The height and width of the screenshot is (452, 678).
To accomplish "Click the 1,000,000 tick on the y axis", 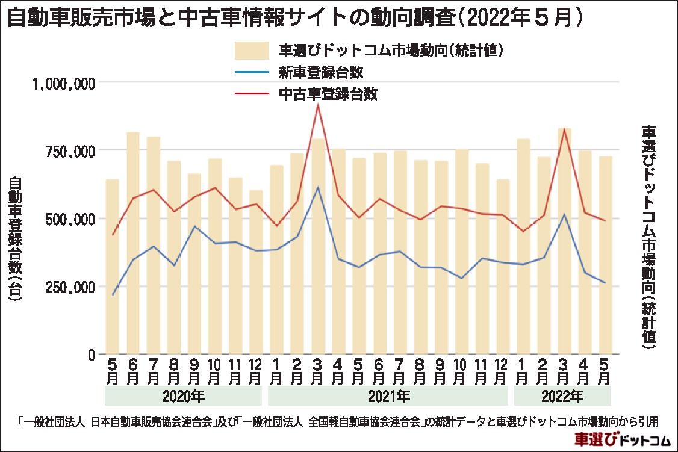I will pyautogui.click(x=63, y=84).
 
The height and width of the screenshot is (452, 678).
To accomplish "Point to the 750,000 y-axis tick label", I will pyautogui.click(x=72, y=151).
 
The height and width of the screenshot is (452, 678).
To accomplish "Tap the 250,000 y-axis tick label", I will pyautogui.click(x=72, y=287).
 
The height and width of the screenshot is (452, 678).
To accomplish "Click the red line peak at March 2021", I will pyautogui.click(x=318, y=105).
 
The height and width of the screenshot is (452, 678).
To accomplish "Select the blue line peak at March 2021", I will pyautogui.click(x=318, y=187).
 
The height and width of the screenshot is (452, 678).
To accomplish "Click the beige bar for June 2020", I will pyautogui.click(x=133, y=241).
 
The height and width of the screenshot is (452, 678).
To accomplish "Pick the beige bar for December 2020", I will pyautogui.click(x=257, y=271).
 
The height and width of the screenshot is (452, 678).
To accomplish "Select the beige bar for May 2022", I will pyautogui.click(x=605, y=253).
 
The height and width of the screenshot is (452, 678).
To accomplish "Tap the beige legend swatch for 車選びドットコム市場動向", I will pyautogui.click(x=250, y=50).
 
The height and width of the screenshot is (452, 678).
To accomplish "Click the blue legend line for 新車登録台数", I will pyautogui.click(x=250, y=73).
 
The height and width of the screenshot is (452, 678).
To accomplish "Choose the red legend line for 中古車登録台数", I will pyautogui.click(x=250, y=94).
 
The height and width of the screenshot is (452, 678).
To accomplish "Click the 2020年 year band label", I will pyautogui.click(x=184, y=397).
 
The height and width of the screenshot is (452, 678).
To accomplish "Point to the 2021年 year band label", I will pyautogui.click(x=388, y=397).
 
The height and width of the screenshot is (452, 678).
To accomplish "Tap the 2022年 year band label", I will pyautogui.click(x=563, y=397).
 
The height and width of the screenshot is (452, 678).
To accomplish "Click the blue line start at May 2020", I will pyautogui.click(x=113, y=295).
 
